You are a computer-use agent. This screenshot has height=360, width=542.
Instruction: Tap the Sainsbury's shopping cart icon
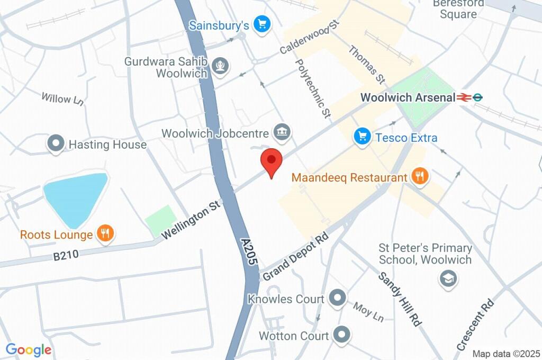tap(261, 24)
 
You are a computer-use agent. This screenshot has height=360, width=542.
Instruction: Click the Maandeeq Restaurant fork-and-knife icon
tap(419, 177)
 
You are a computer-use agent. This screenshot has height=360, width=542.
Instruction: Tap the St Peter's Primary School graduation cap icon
tap(448, 278)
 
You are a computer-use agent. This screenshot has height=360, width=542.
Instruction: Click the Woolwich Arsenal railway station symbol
tap(465, 97)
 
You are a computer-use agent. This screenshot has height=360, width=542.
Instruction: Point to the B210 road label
tap(66, 255)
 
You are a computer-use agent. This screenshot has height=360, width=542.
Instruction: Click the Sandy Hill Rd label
tap(400, 299)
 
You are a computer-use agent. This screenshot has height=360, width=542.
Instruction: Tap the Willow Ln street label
tap(62, 99)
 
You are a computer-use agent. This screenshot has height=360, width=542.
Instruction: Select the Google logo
tap(29, 349)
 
